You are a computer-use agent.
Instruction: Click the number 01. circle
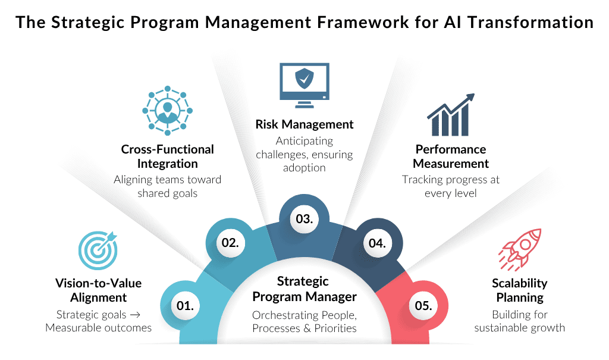click(186, 306)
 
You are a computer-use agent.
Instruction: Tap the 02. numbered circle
click(230, 243)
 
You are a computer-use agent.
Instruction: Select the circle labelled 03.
click(304, 219)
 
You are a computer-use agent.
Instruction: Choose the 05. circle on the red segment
click(423, 306)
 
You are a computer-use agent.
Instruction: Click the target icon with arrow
click(98, 251)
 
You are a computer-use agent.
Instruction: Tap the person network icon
click(167, 111)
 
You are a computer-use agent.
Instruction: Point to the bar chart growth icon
click(451, 115)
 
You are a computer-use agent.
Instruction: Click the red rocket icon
click(520, 249)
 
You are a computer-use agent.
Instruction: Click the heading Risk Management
click(304, 124)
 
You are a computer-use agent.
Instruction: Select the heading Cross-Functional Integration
click(167, 156)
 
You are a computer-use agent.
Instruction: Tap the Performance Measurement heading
click(451, 156)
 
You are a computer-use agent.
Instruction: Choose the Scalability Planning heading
click(520, 290)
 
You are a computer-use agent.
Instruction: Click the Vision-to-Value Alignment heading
click(98, 290)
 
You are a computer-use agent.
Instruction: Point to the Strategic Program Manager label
click(304, 289)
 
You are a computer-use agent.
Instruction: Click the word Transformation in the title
click(530, 22)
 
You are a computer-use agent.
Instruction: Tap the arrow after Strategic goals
click(135, 315)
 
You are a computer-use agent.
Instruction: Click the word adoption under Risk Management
click(304, 168)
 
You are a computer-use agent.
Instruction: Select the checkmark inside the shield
click(305, 79)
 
